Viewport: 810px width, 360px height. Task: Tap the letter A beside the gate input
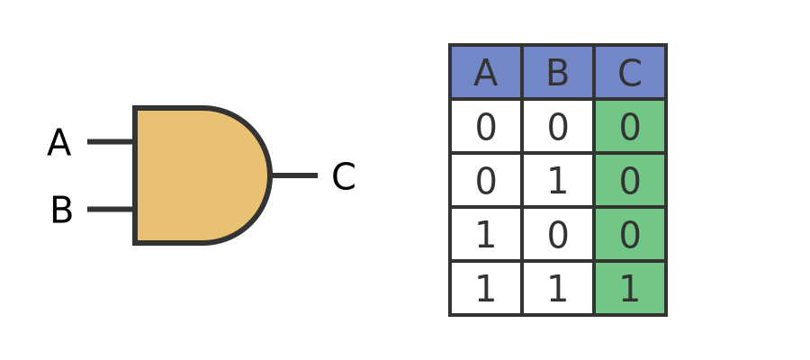pyautogui.click(x=59, y=143)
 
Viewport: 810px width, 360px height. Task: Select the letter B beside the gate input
pyautogui.click(x=61, y=211)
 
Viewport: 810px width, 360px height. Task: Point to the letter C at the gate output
pyautogui.click(x=343, y=177)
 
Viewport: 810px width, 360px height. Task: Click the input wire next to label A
pyautogui.click(x=111, y=141)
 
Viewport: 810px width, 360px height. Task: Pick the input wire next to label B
pyautogui.click(x=111, y=209)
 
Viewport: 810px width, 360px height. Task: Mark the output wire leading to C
pyautogui.click(x=293, y=175)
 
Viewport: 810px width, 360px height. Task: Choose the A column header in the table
pyautogui.click(x=486, y=73)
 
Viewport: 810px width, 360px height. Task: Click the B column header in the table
pyautogui.click(x=558, y=73)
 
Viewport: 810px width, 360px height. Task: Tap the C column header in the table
pyautogui.click(x=630, y=73)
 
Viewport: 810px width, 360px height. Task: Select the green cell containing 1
pyautogui.click(x=630, y=289)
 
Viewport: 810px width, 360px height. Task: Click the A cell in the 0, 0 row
pyautogui.click(x=486, y=127)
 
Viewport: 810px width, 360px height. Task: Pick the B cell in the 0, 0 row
pyautogui.click(x=558, y=127)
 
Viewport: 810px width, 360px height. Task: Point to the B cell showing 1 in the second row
pyautogui.click(x=558, y=181)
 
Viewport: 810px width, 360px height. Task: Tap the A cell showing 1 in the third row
pyautogui.click(x=486, y=235)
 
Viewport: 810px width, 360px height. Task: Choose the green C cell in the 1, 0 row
pyautogui.click(x=630, y=235)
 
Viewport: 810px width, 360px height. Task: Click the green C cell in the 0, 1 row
pyautogui.click(x=630, y=181)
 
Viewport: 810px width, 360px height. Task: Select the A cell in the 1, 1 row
pyautogui.click(x=486, y=289)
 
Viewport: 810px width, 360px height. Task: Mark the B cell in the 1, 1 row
pyautogui.click(x=558, y=289)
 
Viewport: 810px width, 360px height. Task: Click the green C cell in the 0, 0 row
pyautogui.click(x=630, y=127)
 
